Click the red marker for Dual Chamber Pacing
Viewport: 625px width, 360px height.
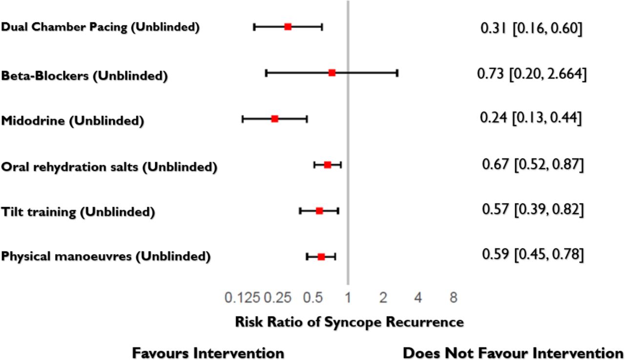288,26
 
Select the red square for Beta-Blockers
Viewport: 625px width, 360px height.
332,73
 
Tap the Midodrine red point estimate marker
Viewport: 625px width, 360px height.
274,119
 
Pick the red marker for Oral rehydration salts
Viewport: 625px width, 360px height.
328,165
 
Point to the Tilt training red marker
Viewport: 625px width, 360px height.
319,211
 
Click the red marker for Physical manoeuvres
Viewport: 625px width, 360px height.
321,256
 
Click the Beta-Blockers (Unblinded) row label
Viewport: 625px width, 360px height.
84,76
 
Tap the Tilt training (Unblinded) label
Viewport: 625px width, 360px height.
78,212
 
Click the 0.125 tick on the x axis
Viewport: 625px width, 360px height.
243,297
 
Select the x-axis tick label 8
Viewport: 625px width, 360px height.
454,297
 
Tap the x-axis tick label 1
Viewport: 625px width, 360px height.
348,297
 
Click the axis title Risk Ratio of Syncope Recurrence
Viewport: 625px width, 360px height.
349,322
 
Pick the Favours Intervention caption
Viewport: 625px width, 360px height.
208,353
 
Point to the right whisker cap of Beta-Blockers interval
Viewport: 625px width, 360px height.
397,73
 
